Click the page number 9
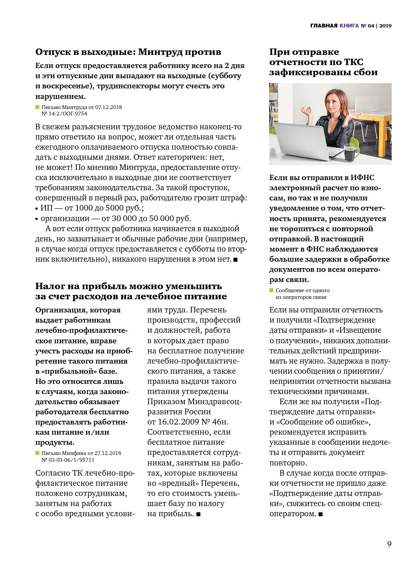389,544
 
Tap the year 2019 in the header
385,26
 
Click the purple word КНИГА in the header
349,26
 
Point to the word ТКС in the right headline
353,62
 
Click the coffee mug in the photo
351,154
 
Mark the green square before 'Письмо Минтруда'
37,107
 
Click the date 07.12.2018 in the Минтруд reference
108,107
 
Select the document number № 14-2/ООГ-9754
64,114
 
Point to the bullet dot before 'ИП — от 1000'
37,208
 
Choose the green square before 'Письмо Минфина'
37,453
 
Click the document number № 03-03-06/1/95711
68,460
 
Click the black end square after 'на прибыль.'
198,514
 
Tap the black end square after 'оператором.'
321,514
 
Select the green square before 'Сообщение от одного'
271,290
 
